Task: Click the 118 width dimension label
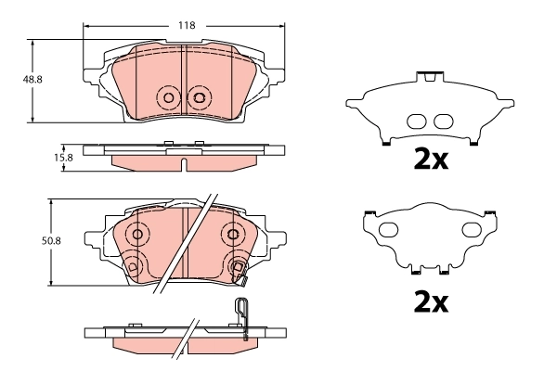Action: pos(187,26)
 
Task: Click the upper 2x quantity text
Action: pos(431,160)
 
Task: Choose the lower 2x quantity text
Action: pos(431,302)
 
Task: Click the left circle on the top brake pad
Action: pos(168,96)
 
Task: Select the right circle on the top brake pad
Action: pos(198,96)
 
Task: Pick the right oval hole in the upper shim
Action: pos(444,121)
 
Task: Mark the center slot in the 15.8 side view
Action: pos(185,165)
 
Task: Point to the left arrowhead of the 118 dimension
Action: pos(87,26)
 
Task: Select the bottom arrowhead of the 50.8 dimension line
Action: pos(50,285)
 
